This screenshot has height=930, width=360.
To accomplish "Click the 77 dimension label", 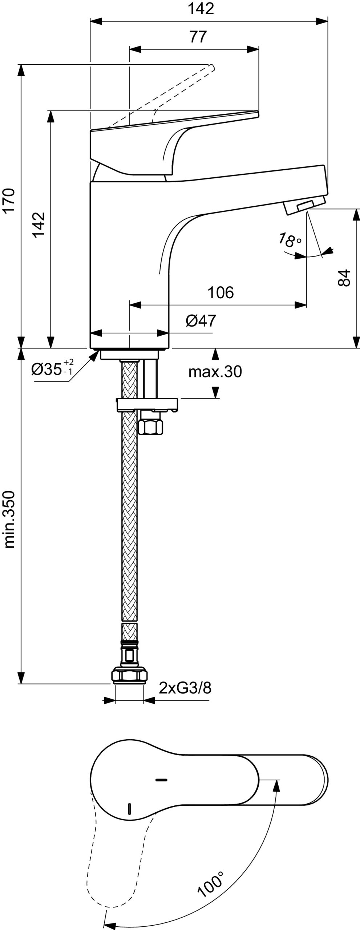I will [198, 37].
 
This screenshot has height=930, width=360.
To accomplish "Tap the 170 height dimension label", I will [10, 201].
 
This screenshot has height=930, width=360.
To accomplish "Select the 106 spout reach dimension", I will [221, 292].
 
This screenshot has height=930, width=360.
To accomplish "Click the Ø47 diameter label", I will [201, 321].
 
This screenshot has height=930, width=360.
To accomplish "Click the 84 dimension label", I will [344, 278].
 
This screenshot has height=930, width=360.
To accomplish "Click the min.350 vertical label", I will [10, 519].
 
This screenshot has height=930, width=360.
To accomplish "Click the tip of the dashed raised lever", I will [212, 67].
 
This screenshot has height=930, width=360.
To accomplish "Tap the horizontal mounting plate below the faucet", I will [147, 404].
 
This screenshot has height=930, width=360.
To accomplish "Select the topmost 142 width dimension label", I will [201, 9].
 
